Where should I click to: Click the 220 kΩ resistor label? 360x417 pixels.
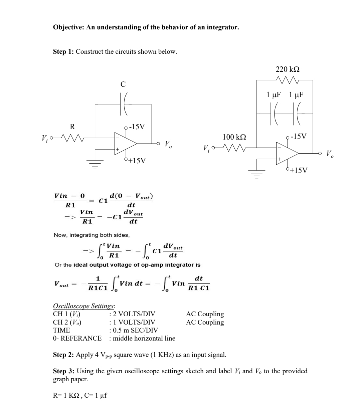(x=287, y=69)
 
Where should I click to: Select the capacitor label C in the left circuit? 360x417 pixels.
(x=123, y=84)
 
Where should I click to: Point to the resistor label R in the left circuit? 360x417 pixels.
(x=72, y=127)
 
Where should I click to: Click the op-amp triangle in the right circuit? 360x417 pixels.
(x=286, y=153)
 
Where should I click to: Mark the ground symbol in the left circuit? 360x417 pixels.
(x=95, y=165)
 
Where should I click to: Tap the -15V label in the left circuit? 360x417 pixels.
(x=136, y=127)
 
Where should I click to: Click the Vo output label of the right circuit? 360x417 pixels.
(x=330, y=154)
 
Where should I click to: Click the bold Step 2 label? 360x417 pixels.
(x=64, y=355)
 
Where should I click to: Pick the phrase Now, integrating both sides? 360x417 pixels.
(x=92, y=235)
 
